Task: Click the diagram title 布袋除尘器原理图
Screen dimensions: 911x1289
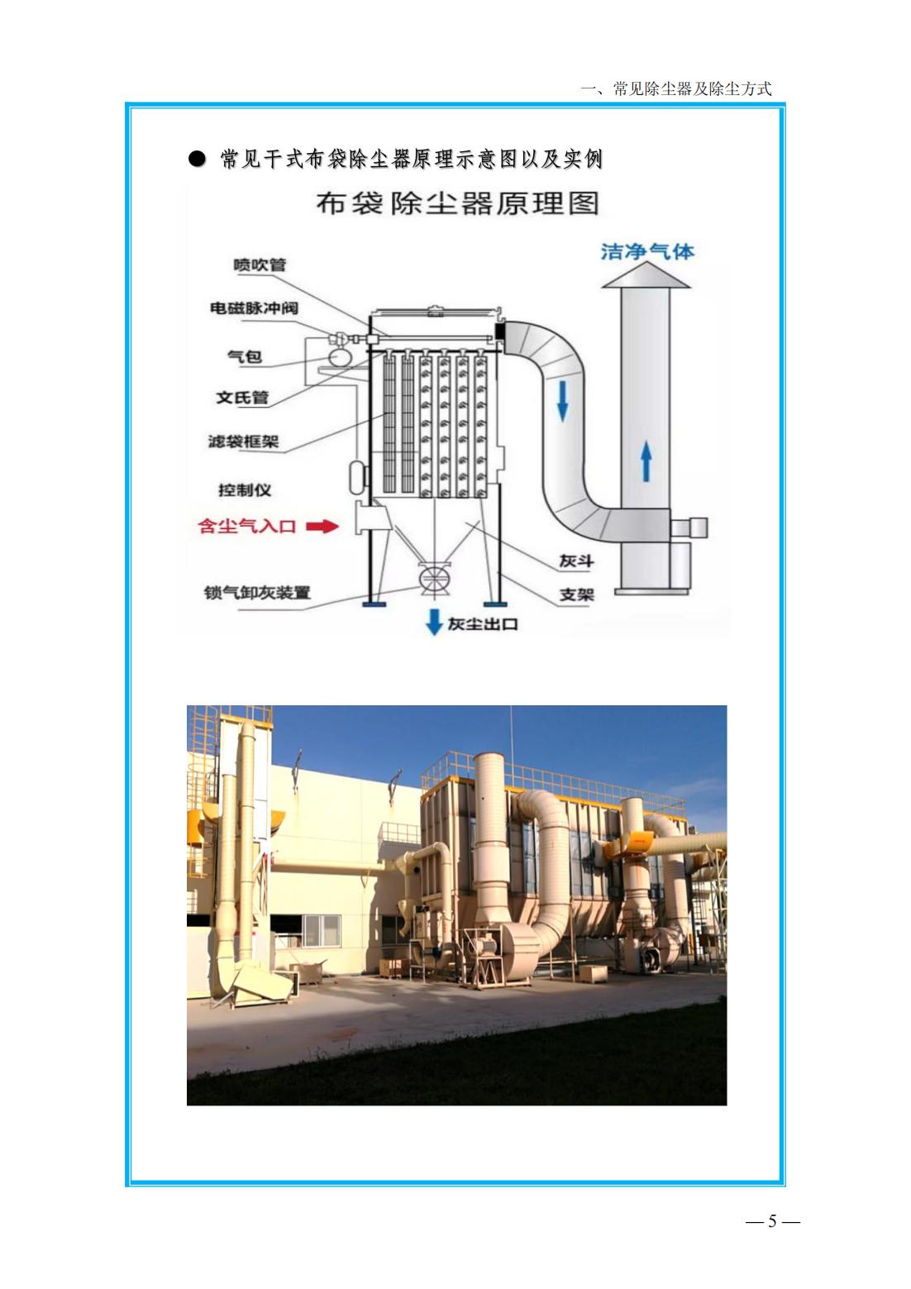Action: pos(458,203)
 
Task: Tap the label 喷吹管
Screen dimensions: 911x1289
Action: pos(260,265)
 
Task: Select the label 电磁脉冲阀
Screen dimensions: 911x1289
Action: pos(254,308)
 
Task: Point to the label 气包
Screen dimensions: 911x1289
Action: pos(246,357)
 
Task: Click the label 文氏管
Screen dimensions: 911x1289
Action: pos(242,398)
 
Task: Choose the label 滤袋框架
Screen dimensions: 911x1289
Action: pos(243,442)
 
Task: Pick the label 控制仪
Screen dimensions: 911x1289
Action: pos(245,490)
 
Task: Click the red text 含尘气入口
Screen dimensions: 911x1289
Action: pos(247,526)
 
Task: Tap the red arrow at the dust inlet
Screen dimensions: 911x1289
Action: pos(322,526)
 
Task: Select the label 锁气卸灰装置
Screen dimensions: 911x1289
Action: pos(257,592)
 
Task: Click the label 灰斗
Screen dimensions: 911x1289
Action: pos(576,561)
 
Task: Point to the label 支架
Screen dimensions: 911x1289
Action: pos(577,594)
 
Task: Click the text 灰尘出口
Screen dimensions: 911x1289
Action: pos(483,624)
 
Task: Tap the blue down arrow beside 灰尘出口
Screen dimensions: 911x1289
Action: pos(433,622)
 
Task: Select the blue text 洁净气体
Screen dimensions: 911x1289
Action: pos(647,251)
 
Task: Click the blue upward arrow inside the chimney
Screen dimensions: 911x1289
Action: pos(646,461)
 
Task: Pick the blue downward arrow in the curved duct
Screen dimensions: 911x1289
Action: pos(563,400)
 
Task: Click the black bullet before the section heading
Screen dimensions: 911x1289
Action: pos(197,159)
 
